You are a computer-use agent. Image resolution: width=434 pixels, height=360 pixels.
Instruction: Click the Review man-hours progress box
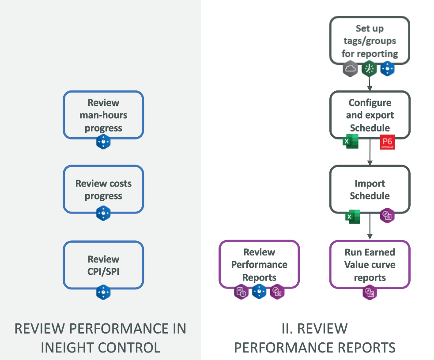[103, 115]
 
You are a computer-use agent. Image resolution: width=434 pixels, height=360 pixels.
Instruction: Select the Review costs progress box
[103, 190]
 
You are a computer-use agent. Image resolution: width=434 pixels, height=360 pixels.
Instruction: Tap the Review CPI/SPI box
[103, 265]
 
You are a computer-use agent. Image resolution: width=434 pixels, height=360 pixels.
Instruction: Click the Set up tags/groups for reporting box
[370, 41]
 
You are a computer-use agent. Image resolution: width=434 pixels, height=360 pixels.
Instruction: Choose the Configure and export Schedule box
[370, 115]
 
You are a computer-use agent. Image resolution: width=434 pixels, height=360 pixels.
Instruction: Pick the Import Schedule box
[370, 190]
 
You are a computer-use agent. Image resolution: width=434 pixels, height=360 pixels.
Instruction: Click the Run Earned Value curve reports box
[370, 265]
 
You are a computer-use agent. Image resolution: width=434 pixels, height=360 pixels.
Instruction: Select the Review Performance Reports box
[259, 265]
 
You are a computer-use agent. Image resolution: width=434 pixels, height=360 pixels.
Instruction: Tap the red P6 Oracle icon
[387, 142]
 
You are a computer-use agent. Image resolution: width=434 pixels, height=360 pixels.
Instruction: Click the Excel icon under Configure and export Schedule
[351, 142]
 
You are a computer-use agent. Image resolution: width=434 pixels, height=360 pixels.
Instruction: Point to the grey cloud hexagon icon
[350, 69]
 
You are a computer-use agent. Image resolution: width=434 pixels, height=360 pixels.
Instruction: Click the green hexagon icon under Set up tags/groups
[369, 69]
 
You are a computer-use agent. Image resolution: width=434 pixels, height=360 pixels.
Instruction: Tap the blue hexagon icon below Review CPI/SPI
[103, 292]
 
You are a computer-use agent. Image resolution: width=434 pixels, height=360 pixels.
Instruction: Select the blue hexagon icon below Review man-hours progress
[103, 142]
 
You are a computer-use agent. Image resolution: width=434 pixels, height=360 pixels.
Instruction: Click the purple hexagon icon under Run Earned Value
[370, 292]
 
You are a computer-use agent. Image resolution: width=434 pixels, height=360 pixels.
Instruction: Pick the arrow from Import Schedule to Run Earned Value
[370, 227]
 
